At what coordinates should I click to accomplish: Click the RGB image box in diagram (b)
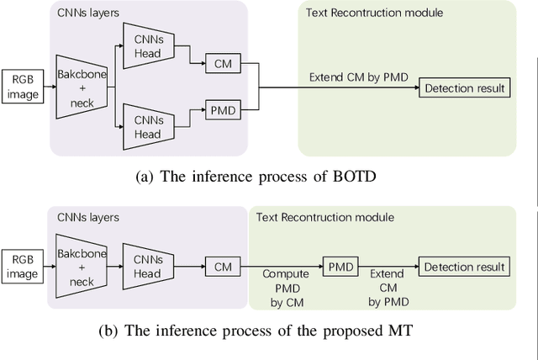pyautogui.click(x=23, y=259)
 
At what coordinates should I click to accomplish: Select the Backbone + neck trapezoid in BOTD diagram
pyautogui.click(x=82, y=87)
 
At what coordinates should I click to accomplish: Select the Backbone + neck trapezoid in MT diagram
pyautogui.click(x=82, y=260)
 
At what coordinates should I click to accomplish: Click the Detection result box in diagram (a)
pyautogui.click(x=465, y=88)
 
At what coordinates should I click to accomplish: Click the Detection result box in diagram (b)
pyautogui.click(x=465, y=267)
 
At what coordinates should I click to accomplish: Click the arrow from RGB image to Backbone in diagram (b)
pyautogui.click(x=48, y=259)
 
